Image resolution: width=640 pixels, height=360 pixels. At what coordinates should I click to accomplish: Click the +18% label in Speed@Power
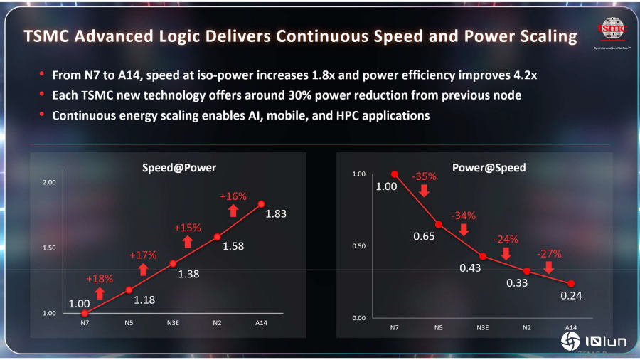[x=100, y=279]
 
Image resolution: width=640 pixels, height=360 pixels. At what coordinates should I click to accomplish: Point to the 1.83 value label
[x=276, y=213]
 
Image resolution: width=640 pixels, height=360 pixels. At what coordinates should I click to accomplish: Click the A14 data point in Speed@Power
[x=261, y=204]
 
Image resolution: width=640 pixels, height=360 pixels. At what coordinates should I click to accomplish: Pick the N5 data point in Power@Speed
[x=439, y=224]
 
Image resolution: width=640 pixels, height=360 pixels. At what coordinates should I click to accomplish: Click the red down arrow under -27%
[x=548, y=268]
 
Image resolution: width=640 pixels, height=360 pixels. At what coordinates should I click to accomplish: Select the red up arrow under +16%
[x=233, y=211]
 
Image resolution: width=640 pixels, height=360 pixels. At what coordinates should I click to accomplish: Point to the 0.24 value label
[x=571, y=295]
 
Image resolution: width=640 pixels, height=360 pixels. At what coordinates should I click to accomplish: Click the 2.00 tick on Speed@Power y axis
[x=49, y=183]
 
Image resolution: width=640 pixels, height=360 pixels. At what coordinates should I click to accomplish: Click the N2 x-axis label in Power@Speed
[x=526, y=327]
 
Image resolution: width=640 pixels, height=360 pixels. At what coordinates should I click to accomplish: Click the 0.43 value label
[x=470, y=268]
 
